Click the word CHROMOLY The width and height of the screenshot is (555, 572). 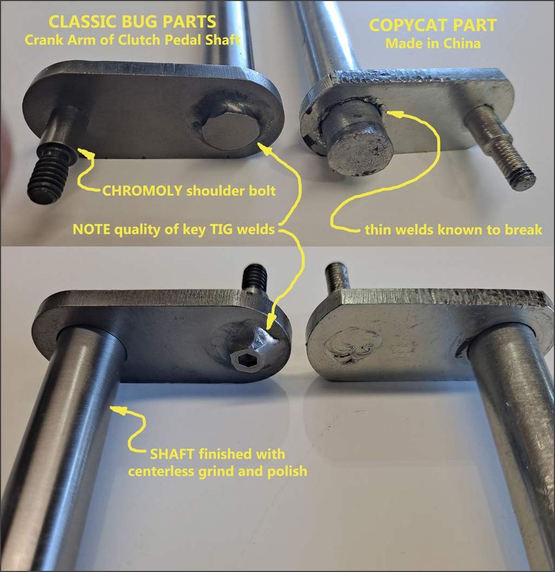[x=142, y=191]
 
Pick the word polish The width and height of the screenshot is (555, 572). [x=287, y=472]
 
